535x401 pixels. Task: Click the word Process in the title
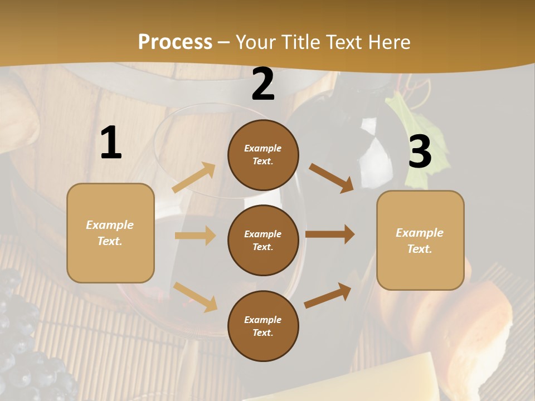pos(175,42)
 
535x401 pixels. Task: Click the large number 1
pos(111,143)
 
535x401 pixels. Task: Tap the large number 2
pos(263,85)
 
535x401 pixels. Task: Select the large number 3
pos(420,152)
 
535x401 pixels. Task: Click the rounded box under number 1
pos(110,233)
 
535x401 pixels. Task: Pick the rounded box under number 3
pos(420,240)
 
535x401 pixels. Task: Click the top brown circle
pos(263,155)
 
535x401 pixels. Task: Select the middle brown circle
pos(263,240)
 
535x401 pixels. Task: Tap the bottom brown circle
pos(263,326)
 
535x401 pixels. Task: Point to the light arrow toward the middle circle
pos(195,236)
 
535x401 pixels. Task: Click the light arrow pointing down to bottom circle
pos(195,297)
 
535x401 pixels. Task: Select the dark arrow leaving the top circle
pos(332,178)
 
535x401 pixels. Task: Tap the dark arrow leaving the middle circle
pos(330,234)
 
